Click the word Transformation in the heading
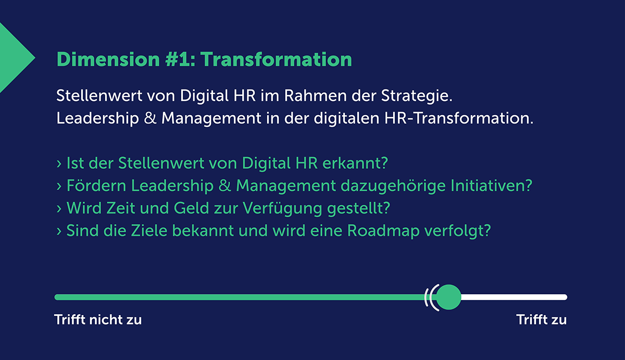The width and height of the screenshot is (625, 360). (276, 59)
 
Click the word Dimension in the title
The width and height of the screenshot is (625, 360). (108, 59)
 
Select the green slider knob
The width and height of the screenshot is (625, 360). (448, 297)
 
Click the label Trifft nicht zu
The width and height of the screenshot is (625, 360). (98, 319)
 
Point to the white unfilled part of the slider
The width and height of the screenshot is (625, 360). (514, 297)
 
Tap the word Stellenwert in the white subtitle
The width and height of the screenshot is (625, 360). (99, 95)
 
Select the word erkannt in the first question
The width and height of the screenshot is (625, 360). (353, 163)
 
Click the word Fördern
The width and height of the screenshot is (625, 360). (96, 185)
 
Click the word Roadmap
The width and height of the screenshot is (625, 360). (383, 231)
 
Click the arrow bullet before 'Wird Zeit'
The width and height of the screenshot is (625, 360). (58, 208)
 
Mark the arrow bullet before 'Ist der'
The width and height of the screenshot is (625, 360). (58, 164)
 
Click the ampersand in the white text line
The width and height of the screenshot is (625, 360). (150, 118)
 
